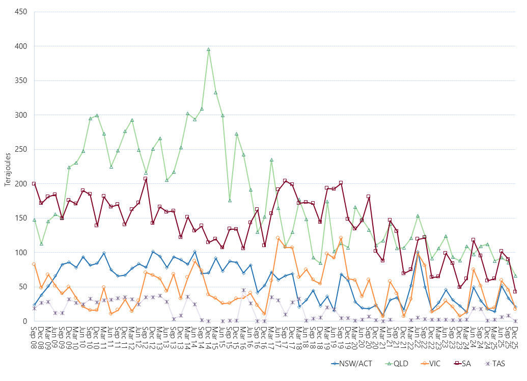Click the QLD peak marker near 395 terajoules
[x=208, y=49]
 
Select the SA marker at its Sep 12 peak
[x=146, y=179]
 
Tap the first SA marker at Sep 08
[x=34, y=184]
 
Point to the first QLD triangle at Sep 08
[x=34, y=220]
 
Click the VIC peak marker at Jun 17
[x=278, y=238]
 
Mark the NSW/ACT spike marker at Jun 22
[x=418, y=253]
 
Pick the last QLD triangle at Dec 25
[x=515, y=276]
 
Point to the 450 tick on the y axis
[x=21, y=12]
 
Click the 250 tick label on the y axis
[x=21, y=149]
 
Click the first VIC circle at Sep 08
[x=34, y=264]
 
